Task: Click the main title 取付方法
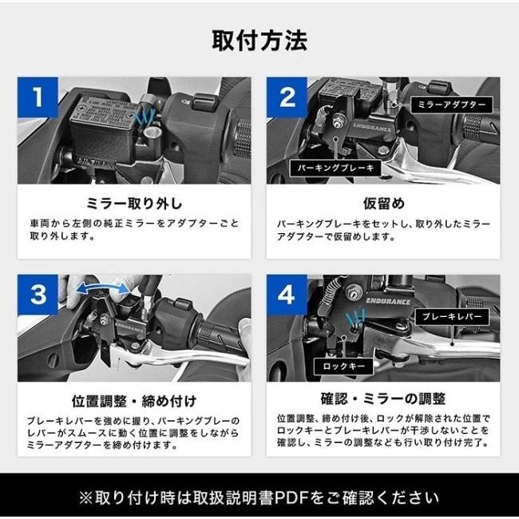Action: pyautogui.click(x=259, y=39)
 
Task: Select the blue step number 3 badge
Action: pyautogui.click(x=37, y=295)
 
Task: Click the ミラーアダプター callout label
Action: pyautogui.click(x=451, y=105)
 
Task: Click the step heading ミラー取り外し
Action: pyautogui.click(x=133, y=203)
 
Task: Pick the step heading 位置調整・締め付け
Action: pyautogui.click(x=133, y=400)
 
